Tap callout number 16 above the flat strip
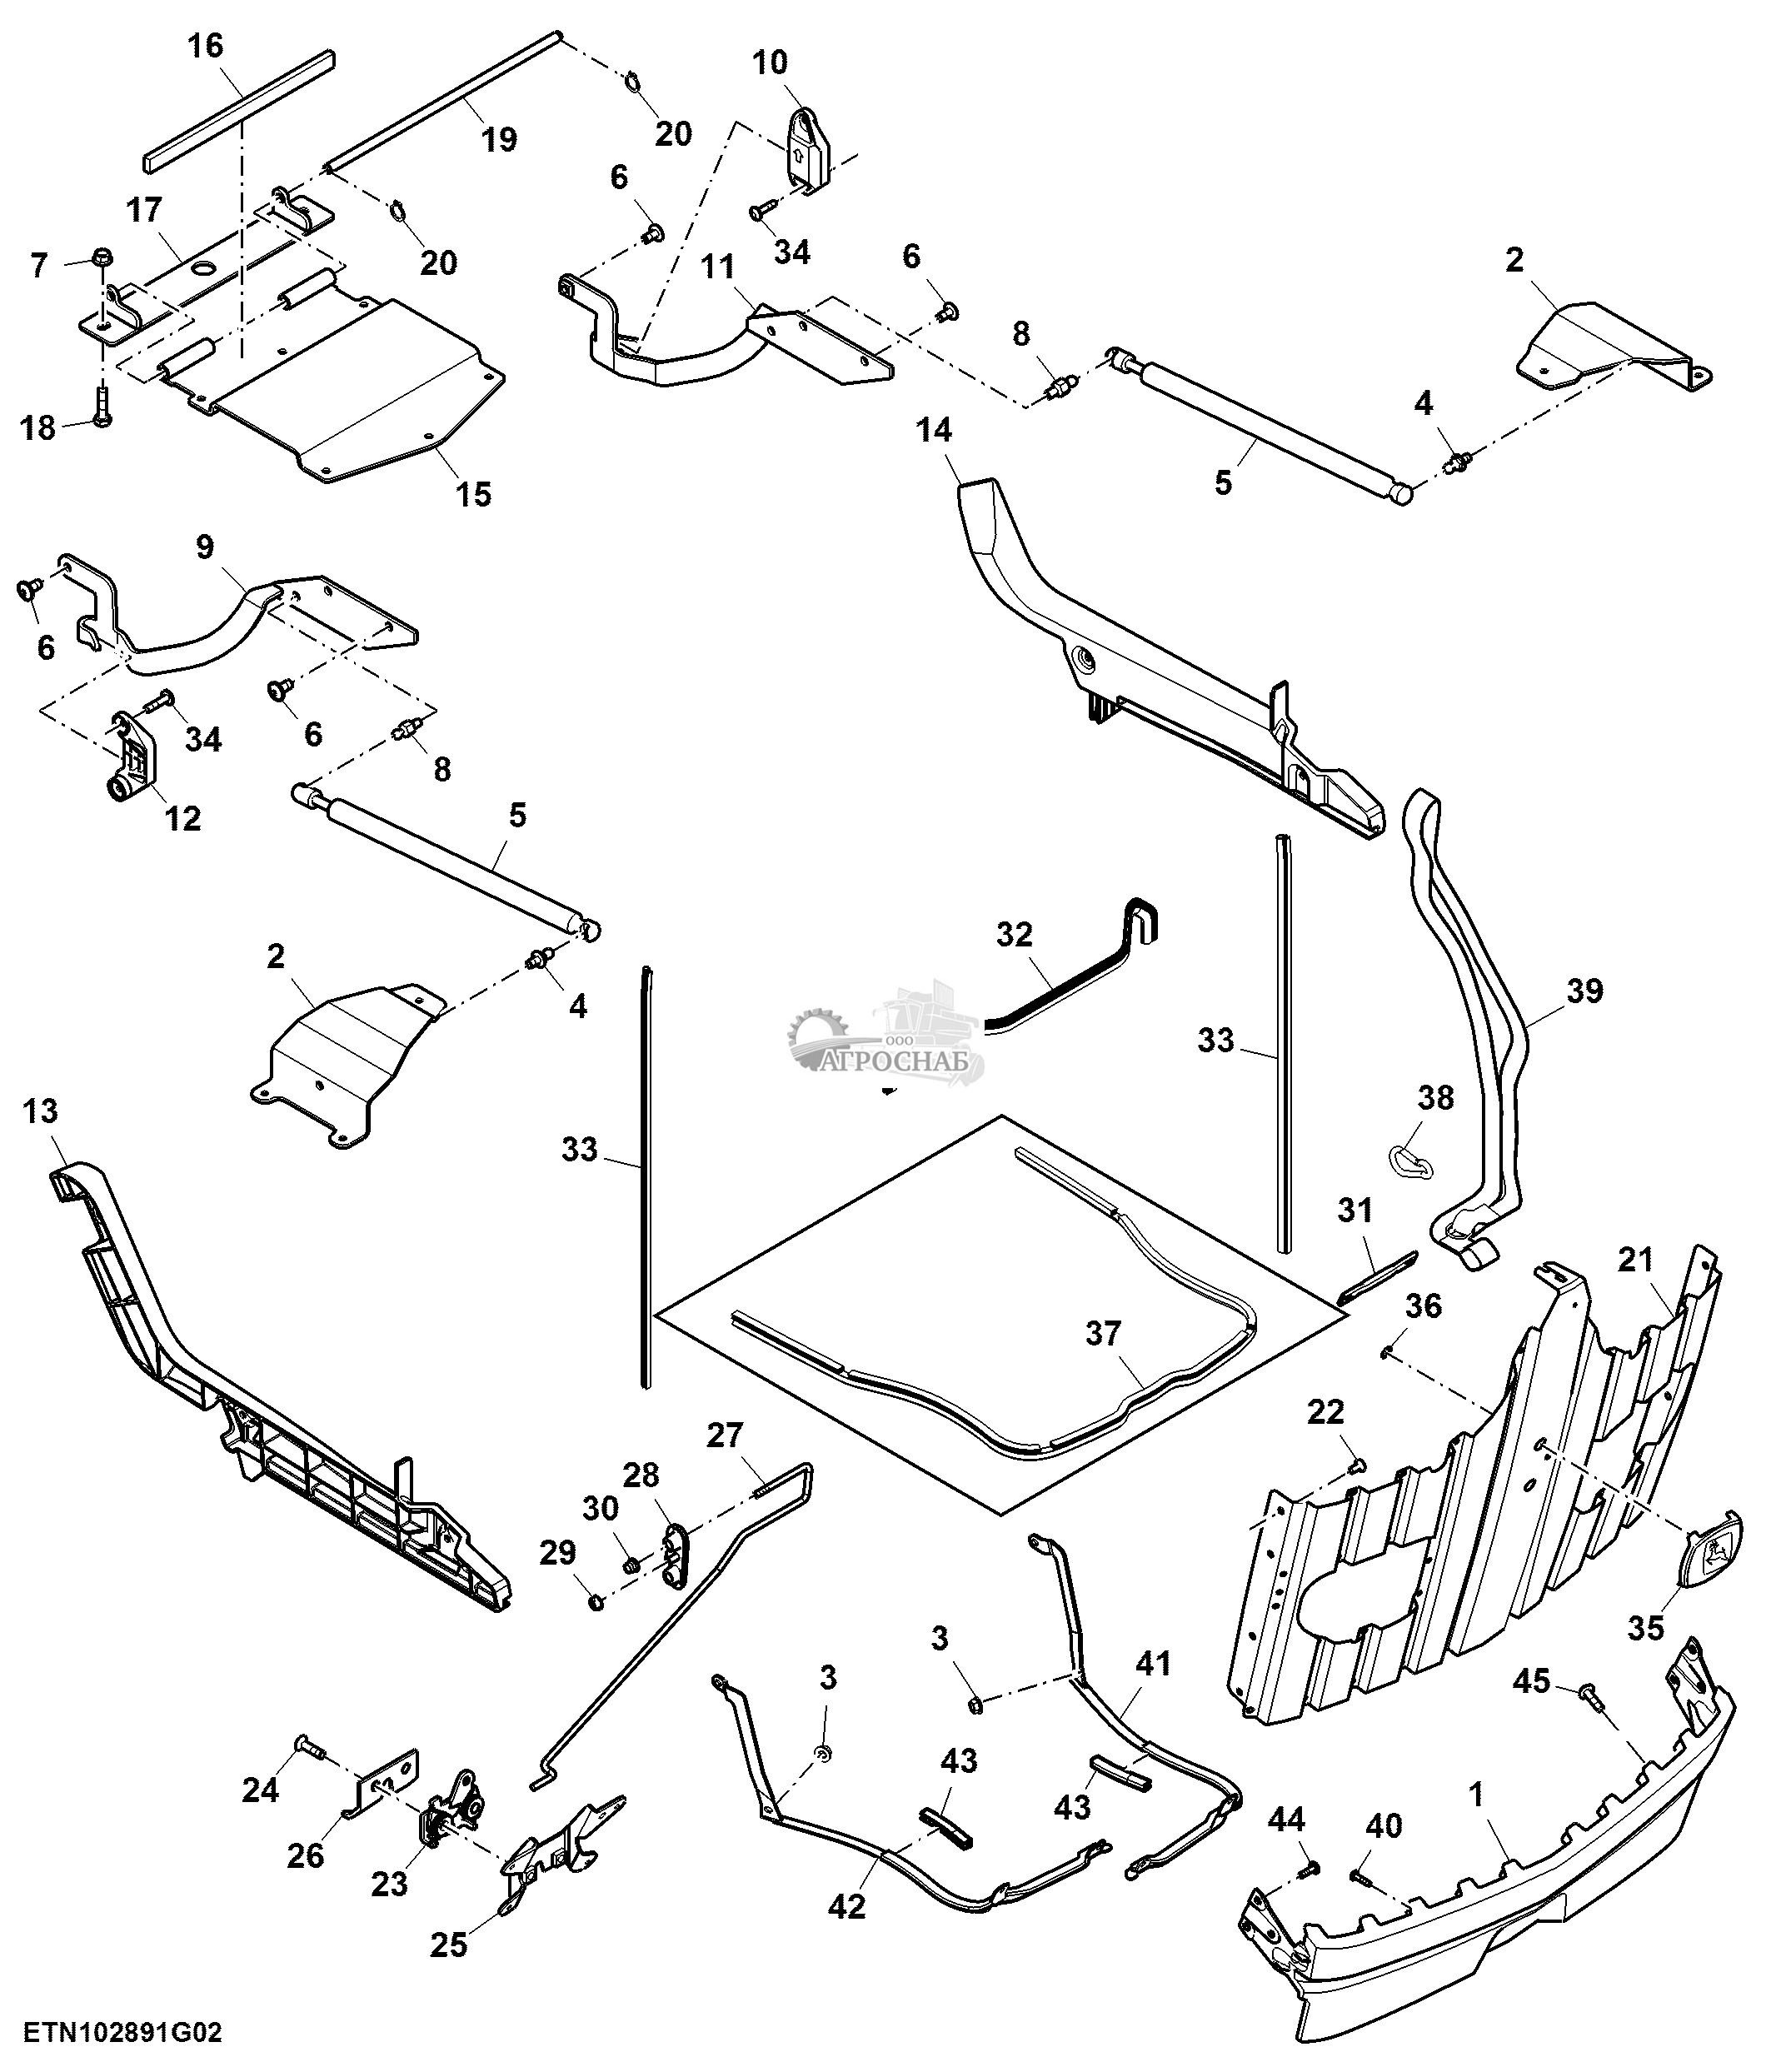click(207, 46)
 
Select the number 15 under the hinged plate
click(474, 494)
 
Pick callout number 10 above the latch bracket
click(769, 62)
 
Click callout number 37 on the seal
click(1103, 1334)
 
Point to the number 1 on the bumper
click(1476, 1794)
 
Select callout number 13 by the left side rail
click(40, 1111)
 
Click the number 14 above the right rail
click(935, 430)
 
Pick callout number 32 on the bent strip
click(1014, 935)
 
